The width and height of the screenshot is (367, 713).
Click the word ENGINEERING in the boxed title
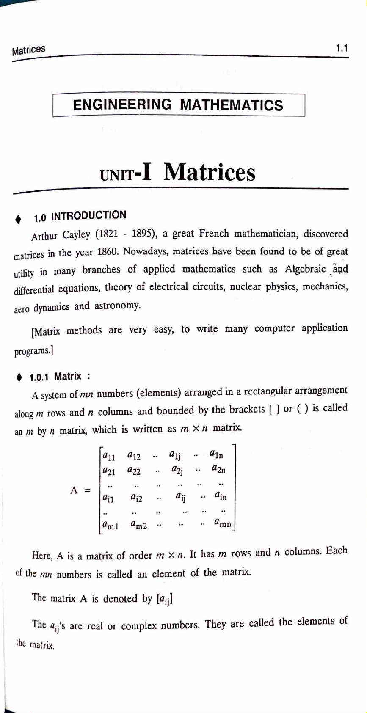122,105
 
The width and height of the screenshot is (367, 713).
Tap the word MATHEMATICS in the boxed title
231,105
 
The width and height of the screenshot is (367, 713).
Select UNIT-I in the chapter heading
124,173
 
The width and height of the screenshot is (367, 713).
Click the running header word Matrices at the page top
28,50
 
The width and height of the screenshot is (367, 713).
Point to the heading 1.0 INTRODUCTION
80,216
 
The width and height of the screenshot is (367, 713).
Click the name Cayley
76,234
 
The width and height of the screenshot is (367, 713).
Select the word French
214,234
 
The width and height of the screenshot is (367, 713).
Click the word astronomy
117,306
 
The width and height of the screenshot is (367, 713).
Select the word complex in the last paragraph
139,626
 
